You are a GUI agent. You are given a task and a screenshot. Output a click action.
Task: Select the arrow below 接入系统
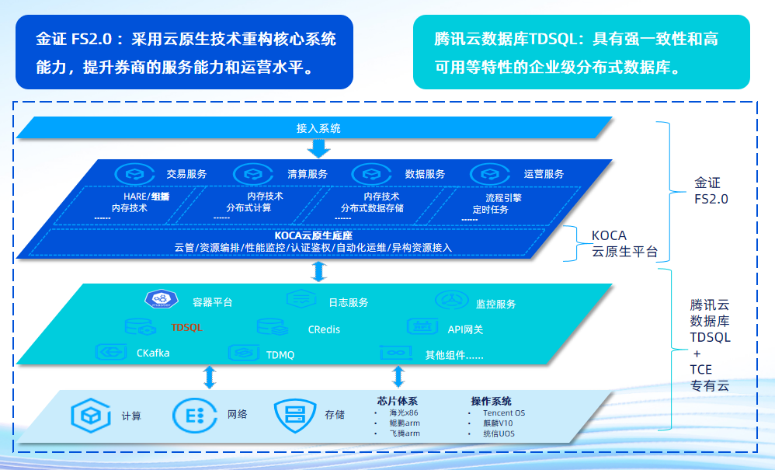318,147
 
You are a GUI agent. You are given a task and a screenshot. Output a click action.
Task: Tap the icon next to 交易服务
131,174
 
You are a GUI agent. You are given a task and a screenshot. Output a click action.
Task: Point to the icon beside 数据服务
369,174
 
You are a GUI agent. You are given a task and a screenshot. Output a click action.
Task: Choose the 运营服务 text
544,174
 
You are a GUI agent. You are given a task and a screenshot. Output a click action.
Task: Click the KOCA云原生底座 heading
314,235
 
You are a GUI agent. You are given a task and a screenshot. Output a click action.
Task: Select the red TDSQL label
186,327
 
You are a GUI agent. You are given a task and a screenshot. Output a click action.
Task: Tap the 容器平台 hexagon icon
162,299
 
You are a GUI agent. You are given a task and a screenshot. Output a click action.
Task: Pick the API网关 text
465,329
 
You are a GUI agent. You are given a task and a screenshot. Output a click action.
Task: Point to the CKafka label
153,353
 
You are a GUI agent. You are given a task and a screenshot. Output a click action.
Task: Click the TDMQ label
280,354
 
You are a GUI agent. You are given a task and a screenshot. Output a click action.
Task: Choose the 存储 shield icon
293,414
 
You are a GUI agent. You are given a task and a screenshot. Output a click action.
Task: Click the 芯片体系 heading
397,401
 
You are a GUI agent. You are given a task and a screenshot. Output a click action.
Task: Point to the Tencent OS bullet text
503,413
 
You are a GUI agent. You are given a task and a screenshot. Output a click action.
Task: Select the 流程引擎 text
504,197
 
